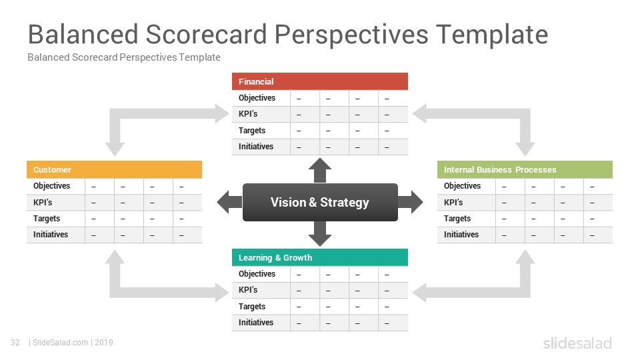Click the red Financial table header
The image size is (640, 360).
[x=319, y=81]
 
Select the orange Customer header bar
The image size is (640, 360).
[x=114, y=169]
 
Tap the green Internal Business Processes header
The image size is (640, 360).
[x=525, y=169]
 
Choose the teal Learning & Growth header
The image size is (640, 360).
[x=319, y=257]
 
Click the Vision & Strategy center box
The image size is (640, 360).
[x=320, y=202]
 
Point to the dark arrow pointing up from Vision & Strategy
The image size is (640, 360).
[x=320, y=170]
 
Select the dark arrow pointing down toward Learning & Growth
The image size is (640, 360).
[x=320, y=234]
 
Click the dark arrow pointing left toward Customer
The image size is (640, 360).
[x=229, y=202]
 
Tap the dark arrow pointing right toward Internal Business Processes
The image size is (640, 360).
[x=411, y=202]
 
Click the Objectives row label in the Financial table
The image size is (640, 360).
[x=257, y=98]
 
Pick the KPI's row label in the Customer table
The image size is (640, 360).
[x=43, y=202]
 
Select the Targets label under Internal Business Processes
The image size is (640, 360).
[x=457, y=219]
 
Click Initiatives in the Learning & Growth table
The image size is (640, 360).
[x=256, y=323]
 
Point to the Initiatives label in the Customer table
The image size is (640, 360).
[x=51, y=234]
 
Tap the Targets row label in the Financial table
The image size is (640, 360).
[x=252, y=131]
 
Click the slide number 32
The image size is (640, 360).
[x=15, y=343]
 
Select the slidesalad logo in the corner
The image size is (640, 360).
[x=577, y=343]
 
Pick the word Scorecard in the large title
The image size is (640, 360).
[x=206, y=34]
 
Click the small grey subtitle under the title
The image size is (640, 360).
[x=124, y=57]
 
